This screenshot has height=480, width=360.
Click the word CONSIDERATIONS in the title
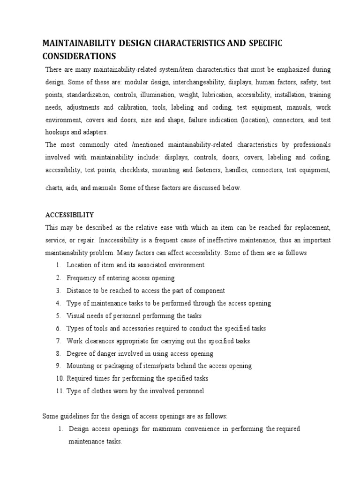tap(79, 56)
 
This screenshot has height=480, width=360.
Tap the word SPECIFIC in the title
tap(262, 44)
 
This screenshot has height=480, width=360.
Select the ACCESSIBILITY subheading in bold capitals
tap(69, 215)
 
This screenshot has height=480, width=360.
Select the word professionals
tap(310, 145)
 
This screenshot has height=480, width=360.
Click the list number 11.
tap(60, 391)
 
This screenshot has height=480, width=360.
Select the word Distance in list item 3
tap(79, 291)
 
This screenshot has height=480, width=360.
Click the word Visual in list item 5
tap(76, 315)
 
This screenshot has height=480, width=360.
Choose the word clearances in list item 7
tap(99, 341)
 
